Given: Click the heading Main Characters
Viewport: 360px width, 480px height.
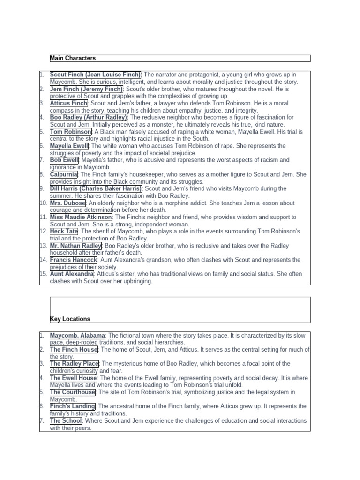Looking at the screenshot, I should [x=73, y=58].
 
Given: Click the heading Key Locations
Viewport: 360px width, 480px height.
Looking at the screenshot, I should [x=70, y=319].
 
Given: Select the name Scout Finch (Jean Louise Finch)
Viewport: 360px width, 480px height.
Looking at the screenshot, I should [x=96, y=75].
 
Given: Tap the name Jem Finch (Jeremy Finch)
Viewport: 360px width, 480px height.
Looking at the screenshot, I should [x=87, y=89].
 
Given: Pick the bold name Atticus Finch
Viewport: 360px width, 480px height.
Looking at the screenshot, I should [x=69, y=103].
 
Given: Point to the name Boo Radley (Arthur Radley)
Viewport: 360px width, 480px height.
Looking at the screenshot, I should [x=89, y=117].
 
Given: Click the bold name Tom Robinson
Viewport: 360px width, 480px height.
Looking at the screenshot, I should [x=71, y=132].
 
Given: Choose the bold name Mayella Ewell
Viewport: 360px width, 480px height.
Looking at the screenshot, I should [x=69, y=146].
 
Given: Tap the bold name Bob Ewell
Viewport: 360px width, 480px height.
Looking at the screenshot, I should [x=64, y=160].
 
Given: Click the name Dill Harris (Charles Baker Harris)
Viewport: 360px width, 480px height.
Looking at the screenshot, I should [x=96, y=188].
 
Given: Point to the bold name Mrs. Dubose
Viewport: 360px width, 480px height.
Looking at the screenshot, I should [x=68, y=203].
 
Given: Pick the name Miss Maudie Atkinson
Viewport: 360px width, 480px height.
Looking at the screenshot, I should [x=81, y=217].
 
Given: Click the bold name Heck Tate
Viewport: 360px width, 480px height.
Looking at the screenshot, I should [x=64, y=232].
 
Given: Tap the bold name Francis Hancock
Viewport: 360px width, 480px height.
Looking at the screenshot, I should [x=74, y=260].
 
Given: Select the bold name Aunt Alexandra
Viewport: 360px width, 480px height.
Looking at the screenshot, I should [x=72, y=274].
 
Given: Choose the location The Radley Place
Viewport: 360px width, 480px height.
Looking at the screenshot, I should [x=75, y=364].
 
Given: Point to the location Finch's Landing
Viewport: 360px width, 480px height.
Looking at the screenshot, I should [x=73, y=406].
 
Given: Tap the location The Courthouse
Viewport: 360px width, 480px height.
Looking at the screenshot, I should [x=73, y=392].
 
